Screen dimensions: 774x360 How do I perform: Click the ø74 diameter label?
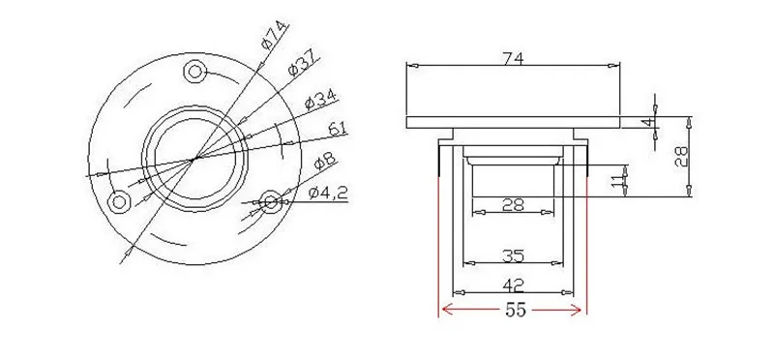(x=276, y=36)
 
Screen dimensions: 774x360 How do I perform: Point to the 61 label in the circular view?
(x=337, y=129)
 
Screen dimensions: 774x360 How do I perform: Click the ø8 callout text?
(x=324, y=161)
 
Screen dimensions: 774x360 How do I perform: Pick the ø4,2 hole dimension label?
(x=328, y=194)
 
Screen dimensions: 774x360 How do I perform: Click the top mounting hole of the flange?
(x=195, y=73)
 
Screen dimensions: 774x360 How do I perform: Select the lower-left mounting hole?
(x=119, y=202)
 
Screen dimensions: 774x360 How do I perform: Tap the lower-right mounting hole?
(x=271, y=201)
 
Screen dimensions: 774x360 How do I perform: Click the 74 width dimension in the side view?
(x=513, y=59)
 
